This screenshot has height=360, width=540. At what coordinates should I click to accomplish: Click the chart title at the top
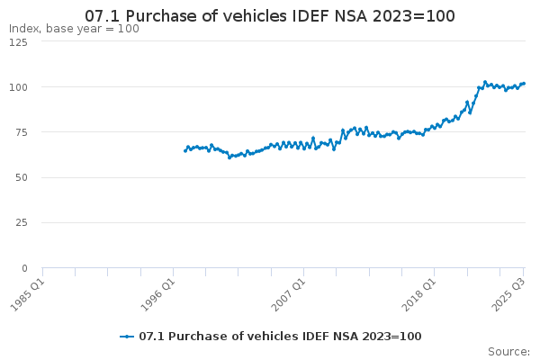click(x=270, y=16)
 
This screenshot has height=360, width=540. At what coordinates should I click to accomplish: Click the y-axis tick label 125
click(x=18, y=42)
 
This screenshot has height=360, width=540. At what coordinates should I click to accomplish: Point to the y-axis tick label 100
click(x=18, y=87)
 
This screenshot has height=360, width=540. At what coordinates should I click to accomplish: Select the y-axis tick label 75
click(x=22, y=132)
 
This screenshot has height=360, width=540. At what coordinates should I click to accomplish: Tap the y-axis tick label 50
click(x=22, y=178)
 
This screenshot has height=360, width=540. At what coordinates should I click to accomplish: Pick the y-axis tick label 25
click(x=22, y=223)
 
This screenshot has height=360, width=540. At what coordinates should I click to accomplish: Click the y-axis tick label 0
click(x=24, y=268)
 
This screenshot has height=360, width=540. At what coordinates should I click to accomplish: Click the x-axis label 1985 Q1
click(x=28, y=295)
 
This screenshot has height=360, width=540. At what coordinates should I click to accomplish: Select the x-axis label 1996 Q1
click(x=158, y=295)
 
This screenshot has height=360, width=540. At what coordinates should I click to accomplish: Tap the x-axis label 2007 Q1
click(x=289, y=295)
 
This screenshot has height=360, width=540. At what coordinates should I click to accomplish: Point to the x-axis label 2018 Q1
click(x=419, y=295)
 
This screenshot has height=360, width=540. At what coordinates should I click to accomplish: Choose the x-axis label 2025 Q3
click(x=508, y=295)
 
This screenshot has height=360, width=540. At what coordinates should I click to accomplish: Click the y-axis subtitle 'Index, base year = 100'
click(x=74, y=29)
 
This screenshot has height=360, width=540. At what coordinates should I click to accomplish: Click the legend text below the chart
click(x=280, y=337)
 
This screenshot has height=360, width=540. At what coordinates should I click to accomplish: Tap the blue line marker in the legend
click(x=127, y=337)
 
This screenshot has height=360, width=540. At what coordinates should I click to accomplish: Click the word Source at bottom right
click(x=508, y=352)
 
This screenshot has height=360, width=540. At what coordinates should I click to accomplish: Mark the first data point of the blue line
click(x=185, y=151)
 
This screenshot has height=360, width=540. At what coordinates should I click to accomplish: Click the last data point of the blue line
click(x=524, y=84)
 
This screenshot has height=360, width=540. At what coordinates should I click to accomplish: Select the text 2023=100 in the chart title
click(x=414, y=16)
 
